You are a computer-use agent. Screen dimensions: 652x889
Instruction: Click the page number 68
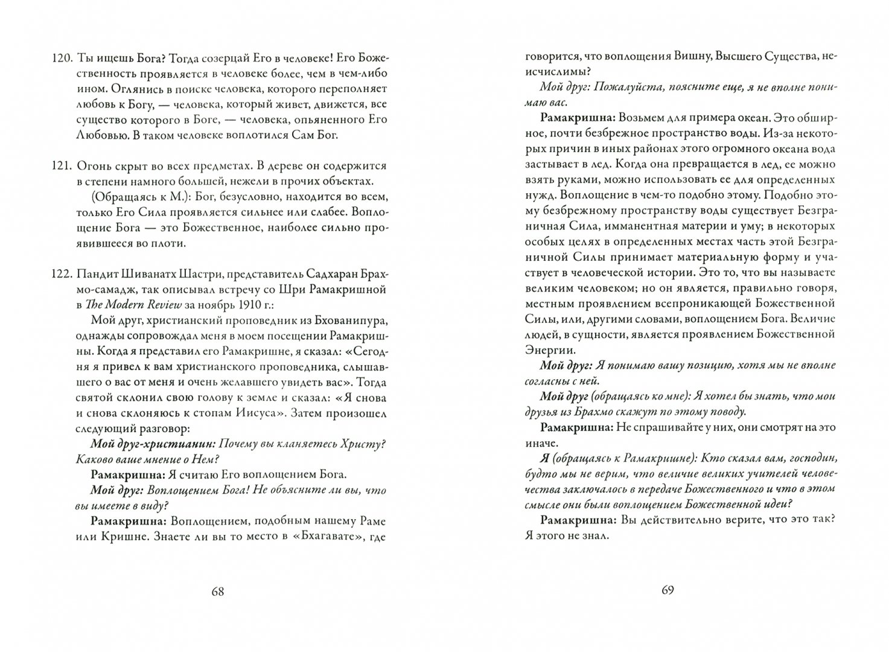click(218, 592)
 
